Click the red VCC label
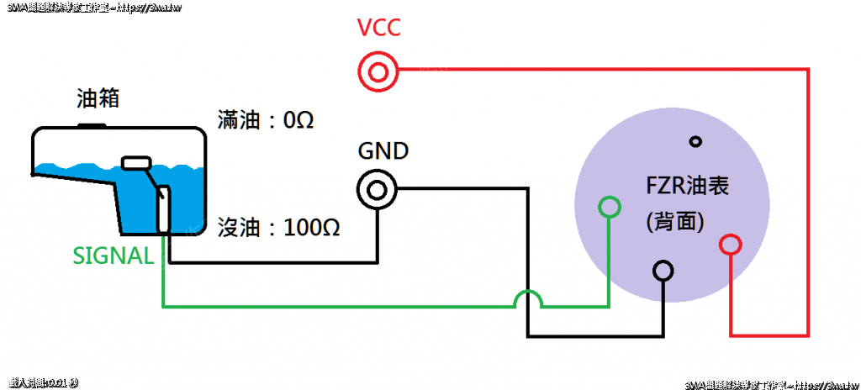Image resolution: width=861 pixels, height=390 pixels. pos(378,29)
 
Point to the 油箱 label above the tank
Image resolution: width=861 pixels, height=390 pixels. pos(98,99)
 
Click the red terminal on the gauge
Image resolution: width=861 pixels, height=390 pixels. pos(731,245)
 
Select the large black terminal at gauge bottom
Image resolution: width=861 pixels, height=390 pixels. pos(664,271)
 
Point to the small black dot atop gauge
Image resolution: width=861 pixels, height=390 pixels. pos(695,141)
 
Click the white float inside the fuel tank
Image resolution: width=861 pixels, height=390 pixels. pos(135,162)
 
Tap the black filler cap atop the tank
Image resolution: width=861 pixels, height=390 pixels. pos(92,126)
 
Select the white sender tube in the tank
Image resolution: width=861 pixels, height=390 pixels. pos(164,209)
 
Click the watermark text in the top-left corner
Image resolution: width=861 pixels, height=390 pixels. pos(92,8)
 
